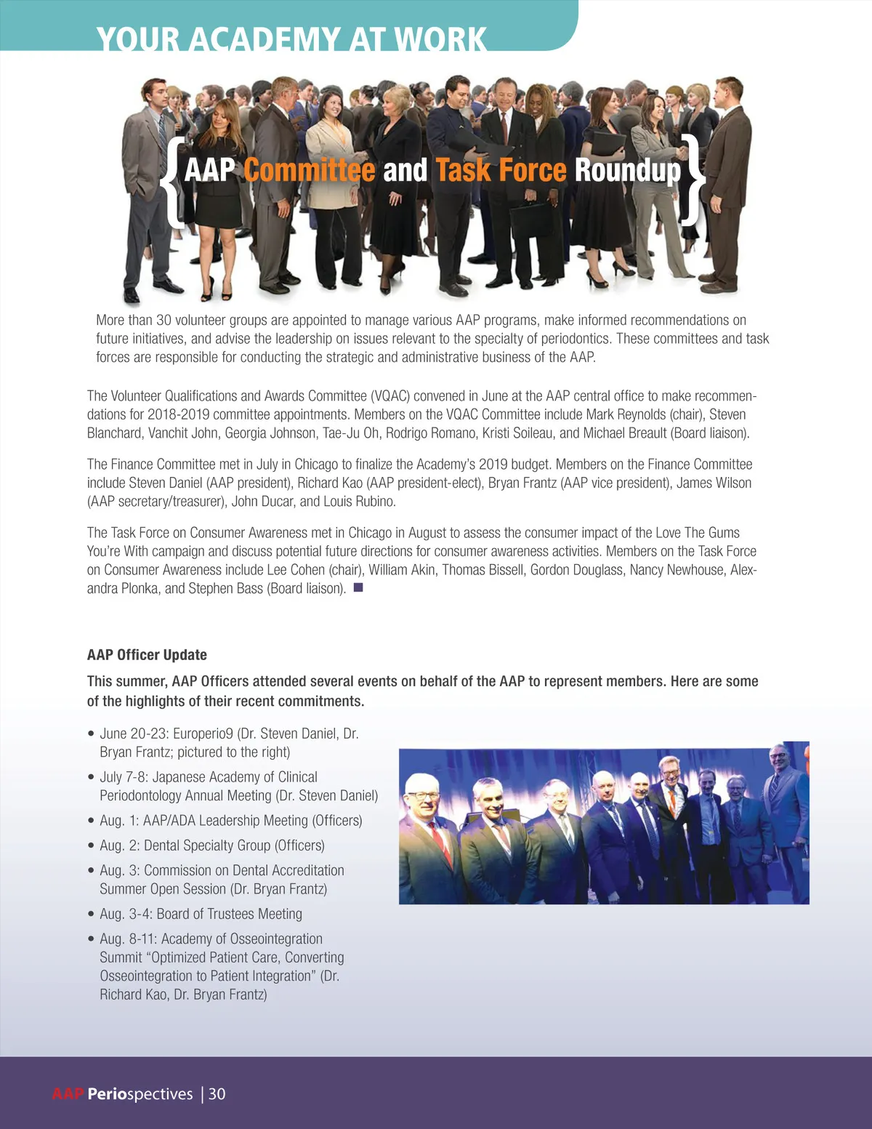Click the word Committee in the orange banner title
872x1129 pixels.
pos(309,171)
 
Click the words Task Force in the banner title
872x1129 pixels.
pos(501,171)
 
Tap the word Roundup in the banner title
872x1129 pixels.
pos(628,171)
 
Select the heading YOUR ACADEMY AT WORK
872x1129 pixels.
pos(291,39)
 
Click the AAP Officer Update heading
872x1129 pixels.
pos(147,655)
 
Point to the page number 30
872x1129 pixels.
pos(217,1094)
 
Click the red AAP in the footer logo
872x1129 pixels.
pos(68,1094)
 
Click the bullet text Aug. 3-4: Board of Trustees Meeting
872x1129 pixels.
pos(201,914)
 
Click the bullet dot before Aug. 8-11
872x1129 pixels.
pos(92,940)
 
